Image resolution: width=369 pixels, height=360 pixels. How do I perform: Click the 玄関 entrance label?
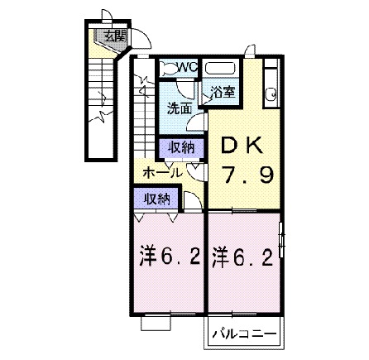pyautogui.click(x=114, y=36)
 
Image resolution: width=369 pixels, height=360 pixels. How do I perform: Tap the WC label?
pyautogui.click(x=184, y=67)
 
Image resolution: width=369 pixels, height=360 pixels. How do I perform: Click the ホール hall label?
pyautogui.click(x=163, y=172)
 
